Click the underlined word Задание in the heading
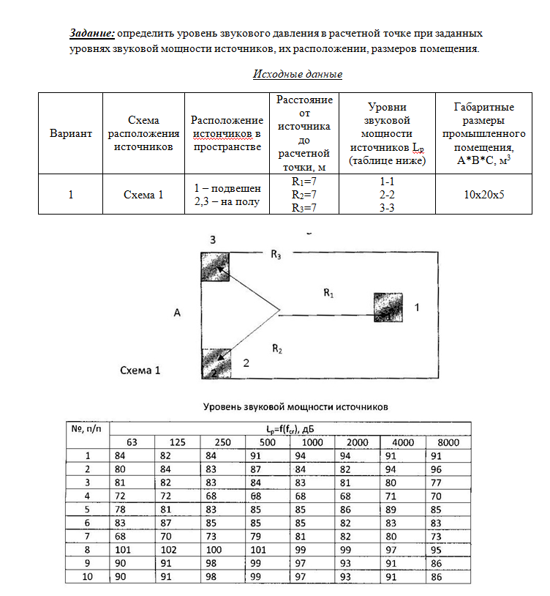click(92, 34)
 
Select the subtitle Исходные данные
click(298, 74)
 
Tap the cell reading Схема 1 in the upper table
click(143, 194)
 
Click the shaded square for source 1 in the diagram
click(388, 308)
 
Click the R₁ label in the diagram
click(328, 293)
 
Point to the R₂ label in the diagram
click(276, 349)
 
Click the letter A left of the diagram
click(177, 313)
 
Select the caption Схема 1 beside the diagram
click(140, 370)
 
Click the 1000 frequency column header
click(312, 443)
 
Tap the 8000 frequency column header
click(448, 443)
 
